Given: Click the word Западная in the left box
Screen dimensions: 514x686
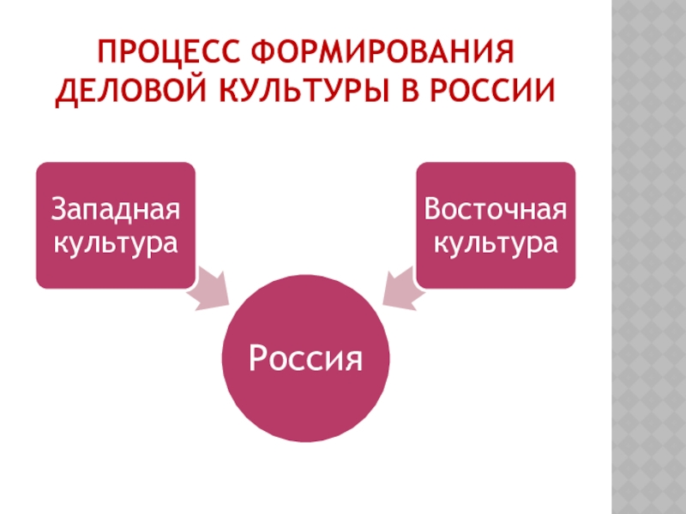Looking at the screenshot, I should point(115,212).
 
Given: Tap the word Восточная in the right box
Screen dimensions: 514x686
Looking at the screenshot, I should point(496,212).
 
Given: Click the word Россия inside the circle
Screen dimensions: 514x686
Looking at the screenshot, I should point(305,356).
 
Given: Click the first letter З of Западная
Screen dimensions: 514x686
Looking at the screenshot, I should point(58,212).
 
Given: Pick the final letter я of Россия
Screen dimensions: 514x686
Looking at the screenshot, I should point(353,358).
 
